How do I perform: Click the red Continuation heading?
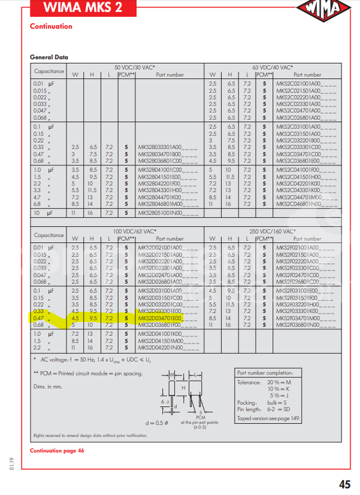(51, 27)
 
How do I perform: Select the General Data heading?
(49, 57)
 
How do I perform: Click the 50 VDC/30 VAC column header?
(137, 67)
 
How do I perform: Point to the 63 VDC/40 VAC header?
(276, 67)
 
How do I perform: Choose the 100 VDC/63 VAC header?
(138, 232)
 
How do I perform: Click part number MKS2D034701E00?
(160, 319)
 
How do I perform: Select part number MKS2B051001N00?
(160, 213)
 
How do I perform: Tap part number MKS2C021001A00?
(298, 84)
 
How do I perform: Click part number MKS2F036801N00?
(298, 325)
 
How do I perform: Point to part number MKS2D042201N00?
(160, 348)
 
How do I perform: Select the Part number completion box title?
(265, 373)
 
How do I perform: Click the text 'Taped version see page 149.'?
(264, 419)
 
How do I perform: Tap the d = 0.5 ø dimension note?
(157, 423)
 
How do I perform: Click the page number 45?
(345, 484)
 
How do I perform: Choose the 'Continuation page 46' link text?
(57, 451)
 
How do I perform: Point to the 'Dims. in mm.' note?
(48, 386)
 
